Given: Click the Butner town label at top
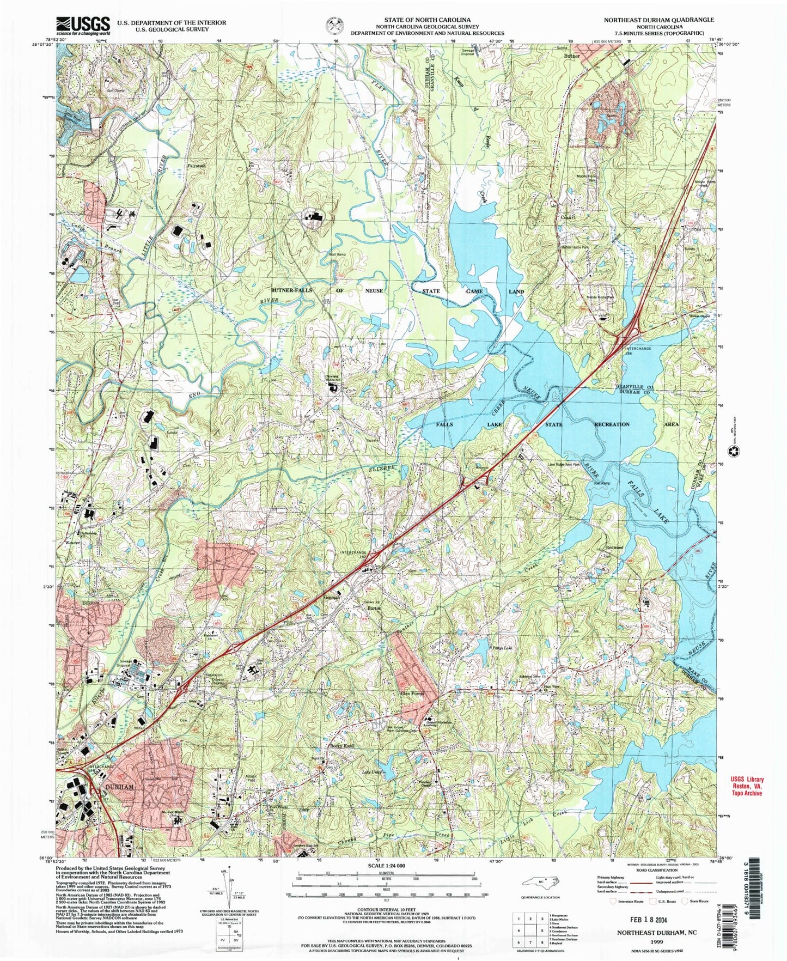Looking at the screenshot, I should pos(572,56).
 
